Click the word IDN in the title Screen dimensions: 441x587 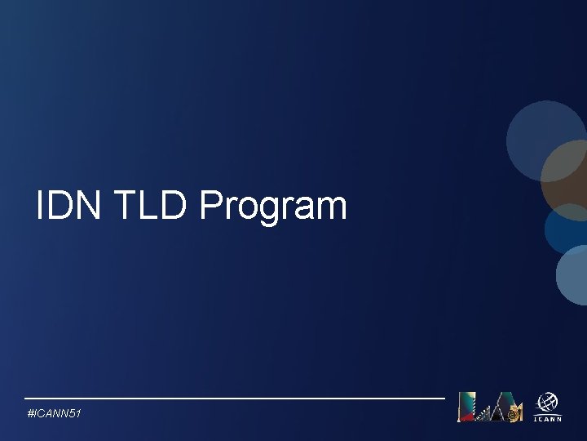click(x=68, y=206)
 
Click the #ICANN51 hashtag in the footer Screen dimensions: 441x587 click(x=54, y=415)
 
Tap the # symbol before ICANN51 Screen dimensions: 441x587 click(x=31, y=415)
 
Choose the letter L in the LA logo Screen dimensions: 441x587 click(x=470, y=407)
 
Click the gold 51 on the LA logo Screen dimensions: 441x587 click(x=514, y=414)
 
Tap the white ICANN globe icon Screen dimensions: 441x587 click(x=546, y=403)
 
